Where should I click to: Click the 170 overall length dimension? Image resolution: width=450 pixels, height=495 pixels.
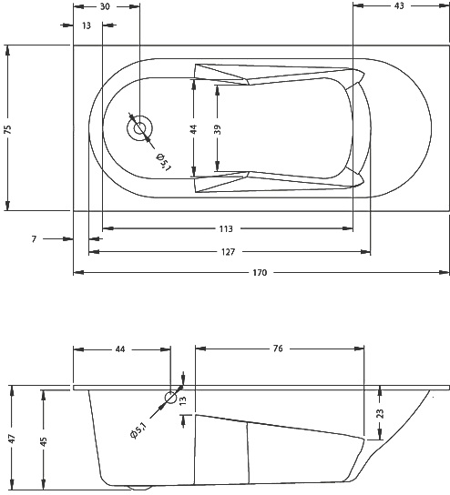260,272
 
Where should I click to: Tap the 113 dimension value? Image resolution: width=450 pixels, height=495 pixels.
225,228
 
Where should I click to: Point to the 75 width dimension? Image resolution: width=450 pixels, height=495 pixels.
8,128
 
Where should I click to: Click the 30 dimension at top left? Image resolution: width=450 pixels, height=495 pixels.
106,6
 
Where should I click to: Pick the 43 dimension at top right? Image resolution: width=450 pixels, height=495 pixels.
399,6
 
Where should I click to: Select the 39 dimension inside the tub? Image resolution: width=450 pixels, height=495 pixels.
217,129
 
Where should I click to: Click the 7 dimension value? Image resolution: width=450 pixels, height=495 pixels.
34,238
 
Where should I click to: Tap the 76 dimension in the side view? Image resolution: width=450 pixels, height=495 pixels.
277,349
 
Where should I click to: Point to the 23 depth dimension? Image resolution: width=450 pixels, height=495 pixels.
380,414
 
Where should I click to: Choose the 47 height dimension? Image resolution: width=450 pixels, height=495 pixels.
12,439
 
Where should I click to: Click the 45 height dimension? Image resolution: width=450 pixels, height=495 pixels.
43,440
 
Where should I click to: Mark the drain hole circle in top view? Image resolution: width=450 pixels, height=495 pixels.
140,129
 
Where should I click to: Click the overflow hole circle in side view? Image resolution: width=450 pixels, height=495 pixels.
170,397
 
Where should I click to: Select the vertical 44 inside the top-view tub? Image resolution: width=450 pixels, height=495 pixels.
193,129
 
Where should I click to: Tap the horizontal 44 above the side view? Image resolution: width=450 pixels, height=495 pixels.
122,349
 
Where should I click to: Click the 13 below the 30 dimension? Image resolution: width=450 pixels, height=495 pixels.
86,25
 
